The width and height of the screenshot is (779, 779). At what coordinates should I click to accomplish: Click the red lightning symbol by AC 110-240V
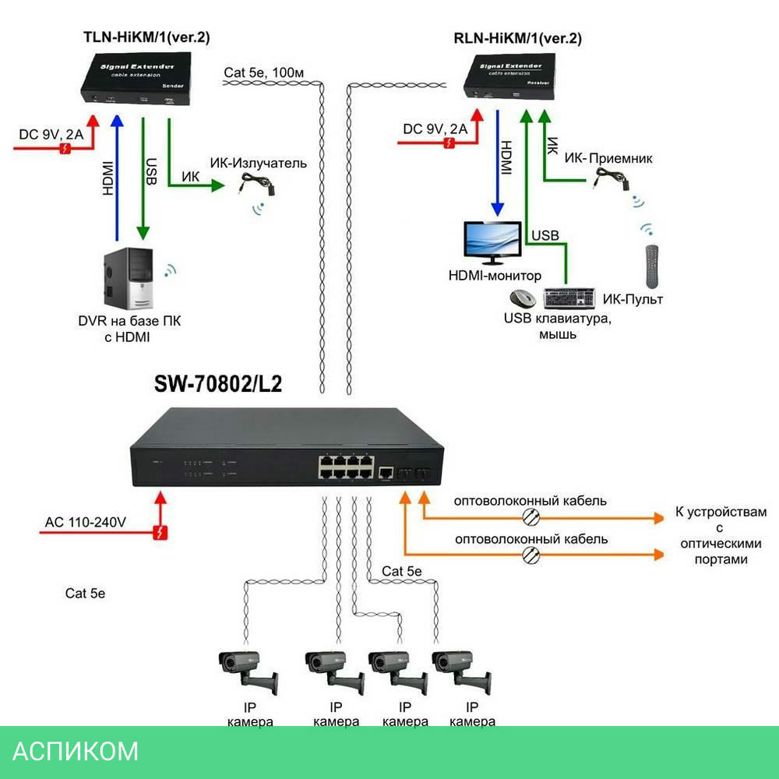click(x=160, y=533)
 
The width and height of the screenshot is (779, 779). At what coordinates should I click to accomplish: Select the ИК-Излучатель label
click(x=258, y=164)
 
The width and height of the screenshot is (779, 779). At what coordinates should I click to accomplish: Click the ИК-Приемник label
click(x=608, y=159)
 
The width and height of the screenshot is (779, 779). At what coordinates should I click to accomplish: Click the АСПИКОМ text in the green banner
click(x=76, y=751)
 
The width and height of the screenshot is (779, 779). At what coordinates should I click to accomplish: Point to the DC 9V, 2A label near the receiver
click(x=435, y=129)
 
